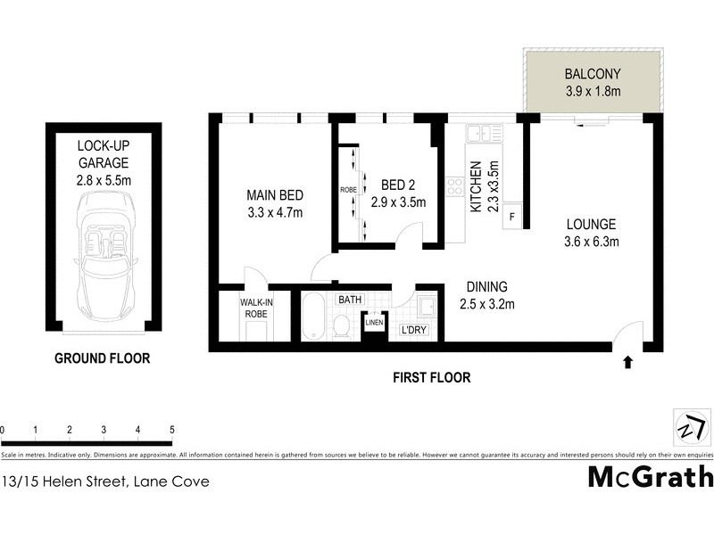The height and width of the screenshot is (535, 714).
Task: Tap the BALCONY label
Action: click(x=592, y=74)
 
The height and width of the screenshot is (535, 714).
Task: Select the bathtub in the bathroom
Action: click(x=312, y=317)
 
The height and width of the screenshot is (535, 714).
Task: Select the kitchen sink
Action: click(x=481, y=134)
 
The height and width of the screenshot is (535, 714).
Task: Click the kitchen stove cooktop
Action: click(x=454, y=188)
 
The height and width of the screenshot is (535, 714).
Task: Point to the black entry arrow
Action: click(x=627, y=361)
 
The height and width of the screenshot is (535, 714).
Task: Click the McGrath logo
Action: click(x=650, y=476)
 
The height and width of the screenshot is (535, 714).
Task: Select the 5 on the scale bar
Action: click(x=171, y=430)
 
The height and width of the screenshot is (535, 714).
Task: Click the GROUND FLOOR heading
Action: click(x=103, y=358)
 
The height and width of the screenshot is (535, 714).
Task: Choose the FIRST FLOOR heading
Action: click(x=432, y=377)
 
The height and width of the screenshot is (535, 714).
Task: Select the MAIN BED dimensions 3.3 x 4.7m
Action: click(x=276, y=212)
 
